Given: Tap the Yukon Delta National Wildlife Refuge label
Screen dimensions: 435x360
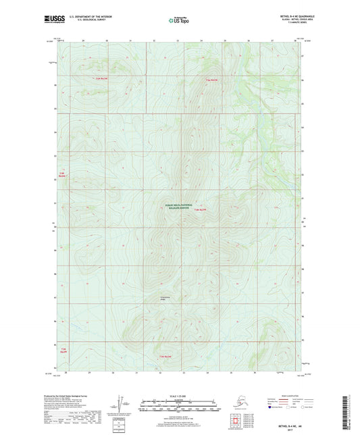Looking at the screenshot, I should [178, 207].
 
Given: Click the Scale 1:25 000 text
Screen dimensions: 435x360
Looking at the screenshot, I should [179, 394].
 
